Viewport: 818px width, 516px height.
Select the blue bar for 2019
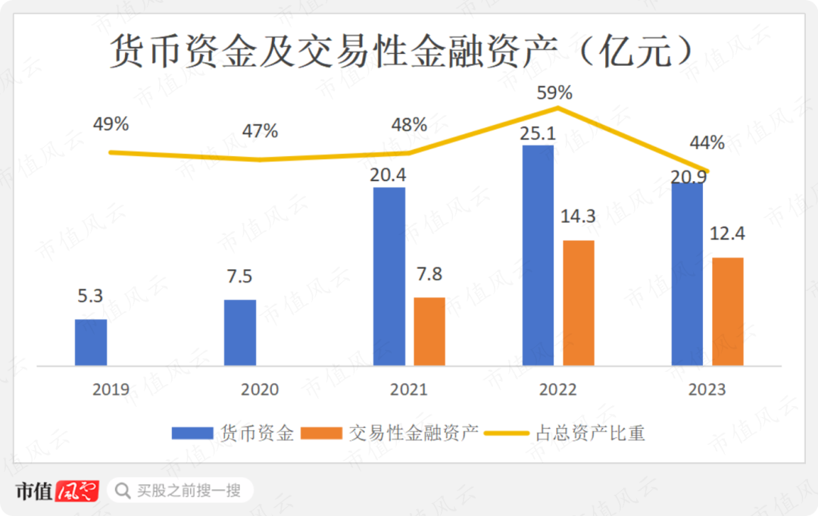pos(91,342)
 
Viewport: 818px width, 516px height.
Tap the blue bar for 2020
pos(240,333)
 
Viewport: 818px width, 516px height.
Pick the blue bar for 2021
pos(389,277)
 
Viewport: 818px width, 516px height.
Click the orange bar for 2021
pos(429,332)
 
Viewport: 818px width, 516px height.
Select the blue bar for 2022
pos(538,255)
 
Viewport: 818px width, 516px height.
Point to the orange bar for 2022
pos(579,303)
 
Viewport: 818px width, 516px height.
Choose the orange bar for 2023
pos(728,311)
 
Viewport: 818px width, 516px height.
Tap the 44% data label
pos(707,142)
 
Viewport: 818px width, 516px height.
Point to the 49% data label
pos(111,124)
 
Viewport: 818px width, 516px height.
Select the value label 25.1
pos(539,133)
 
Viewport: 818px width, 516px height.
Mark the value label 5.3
pos(90,296)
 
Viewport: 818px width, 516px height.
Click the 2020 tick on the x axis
pos(260,389)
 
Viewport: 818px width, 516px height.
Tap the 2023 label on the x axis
pos(707,389)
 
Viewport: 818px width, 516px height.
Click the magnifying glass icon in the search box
pos(121,491)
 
